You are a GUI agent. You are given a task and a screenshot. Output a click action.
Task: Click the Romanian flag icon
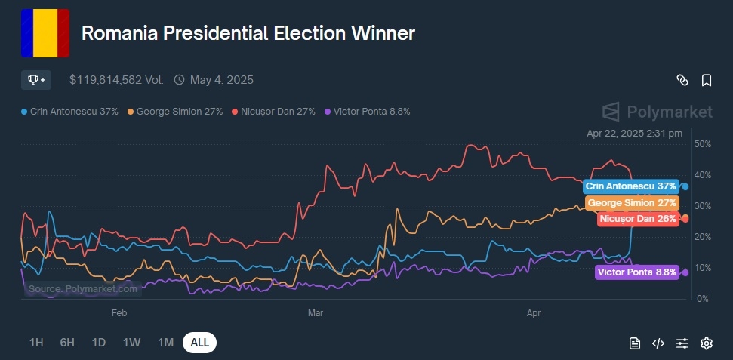[x=45, y=33]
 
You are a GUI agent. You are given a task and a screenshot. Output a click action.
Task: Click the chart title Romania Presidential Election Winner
[x=248, y=34]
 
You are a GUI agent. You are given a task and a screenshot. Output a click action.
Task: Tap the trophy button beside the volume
[x=36, y=79]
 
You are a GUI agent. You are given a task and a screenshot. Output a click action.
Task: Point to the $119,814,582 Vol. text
[x=116, y=79]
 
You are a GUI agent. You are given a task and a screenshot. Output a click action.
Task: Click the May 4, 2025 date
[x=221, y=79]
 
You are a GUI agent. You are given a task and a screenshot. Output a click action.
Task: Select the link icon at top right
[x=682, y=80]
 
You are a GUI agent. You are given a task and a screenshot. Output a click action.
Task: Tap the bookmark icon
[x=707, y=80]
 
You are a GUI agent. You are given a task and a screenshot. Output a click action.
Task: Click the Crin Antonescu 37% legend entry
[x=69, y=112]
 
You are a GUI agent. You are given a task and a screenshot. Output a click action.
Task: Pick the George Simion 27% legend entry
[x=174, y=112]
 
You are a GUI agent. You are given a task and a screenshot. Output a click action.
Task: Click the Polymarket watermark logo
[x=657, y=112]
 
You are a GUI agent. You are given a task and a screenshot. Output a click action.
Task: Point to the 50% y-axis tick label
[x=703, y=143]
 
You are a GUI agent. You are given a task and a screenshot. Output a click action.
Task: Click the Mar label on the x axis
[x=316, y=311]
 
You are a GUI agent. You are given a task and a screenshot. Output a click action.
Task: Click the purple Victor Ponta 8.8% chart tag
[x=636, y=272]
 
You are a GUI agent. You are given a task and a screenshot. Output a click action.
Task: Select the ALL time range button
[x=199, y=343]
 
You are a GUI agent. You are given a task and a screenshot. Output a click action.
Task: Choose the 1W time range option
[x=132, y=343]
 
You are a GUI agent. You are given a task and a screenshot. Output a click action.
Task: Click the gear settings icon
[x=707, y=343]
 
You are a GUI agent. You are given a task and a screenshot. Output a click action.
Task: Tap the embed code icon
[x=658, y=343]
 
